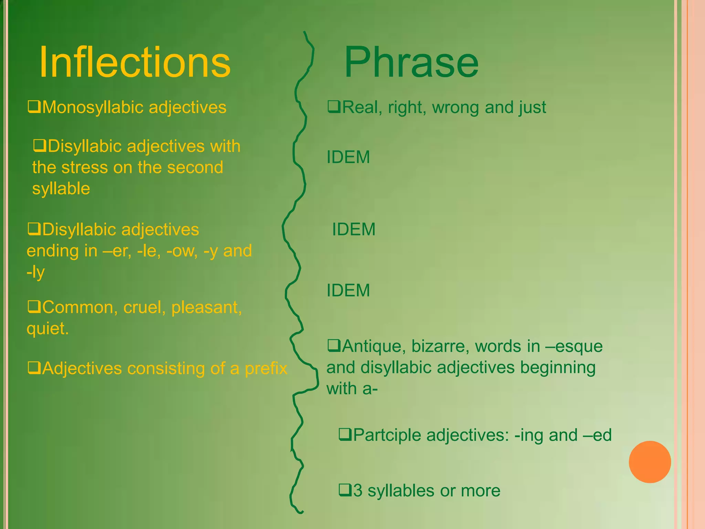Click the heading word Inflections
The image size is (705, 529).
[135, 62]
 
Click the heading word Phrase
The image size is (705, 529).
[411, 62]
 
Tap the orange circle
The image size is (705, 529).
[650, 462]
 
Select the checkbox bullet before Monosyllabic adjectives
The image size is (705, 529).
[34, 107]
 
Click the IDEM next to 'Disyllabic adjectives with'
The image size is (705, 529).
[348, 157]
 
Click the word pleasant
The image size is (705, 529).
[207, 307]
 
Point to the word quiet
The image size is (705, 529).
[47, 329]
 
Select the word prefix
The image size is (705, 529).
[266, 369]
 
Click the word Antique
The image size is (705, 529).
[371, 346]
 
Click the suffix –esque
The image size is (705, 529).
[574, 346]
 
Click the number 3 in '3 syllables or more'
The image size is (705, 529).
[358, 491]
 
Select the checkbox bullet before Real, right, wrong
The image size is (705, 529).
[334, 107]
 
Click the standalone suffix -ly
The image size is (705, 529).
[36, 272]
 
